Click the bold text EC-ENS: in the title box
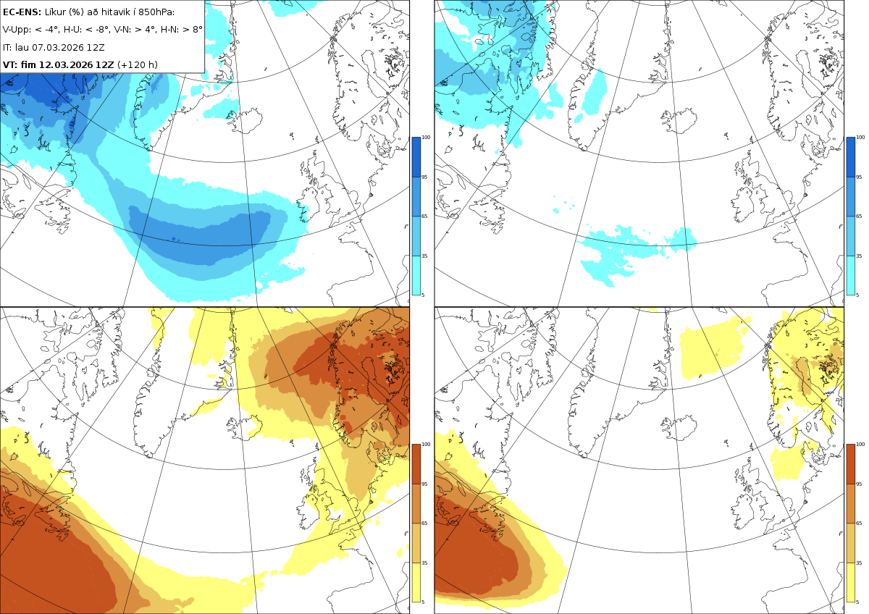tap(22, 12)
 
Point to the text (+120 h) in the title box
tap(138, 64)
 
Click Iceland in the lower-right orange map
tap(679, 426)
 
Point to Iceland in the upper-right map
tap(679, 119)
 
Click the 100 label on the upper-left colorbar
tap(426, 138)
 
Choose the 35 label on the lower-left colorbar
tap(424, 563)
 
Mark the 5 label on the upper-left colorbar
tap(423, 295)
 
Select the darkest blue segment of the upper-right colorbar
tap(850, 157)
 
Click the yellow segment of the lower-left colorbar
tap(416, 582)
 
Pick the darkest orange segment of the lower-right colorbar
tap(850, 464)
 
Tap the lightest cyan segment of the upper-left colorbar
tap(416, 275)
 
